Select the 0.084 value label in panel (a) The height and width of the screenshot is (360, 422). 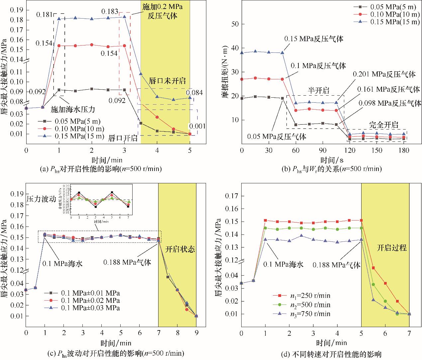point(194,92)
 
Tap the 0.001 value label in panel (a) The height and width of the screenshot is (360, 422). point(197,126)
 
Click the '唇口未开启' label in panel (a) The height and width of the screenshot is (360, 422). point(167,81)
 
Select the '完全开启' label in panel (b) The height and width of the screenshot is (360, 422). point(384,125)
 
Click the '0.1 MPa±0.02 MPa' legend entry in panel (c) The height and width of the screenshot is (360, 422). point(90,301)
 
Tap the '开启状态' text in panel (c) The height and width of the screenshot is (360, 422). point(180,249)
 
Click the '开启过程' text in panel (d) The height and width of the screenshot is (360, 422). point(392,248)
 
